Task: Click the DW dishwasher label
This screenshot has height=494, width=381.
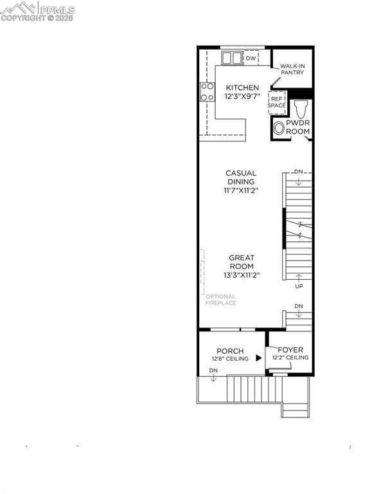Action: pos(251,59)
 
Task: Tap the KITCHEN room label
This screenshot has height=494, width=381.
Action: pos(242,87)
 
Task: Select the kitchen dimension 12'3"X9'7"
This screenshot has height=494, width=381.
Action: pos(242,96)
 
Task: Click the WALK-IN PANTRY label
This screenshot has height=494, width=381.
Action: pos(292,69)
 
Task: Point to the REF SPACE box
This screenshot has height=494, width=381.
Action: pos(277,101)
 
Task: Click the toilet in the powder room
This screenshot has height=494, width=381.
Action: pos(300,107)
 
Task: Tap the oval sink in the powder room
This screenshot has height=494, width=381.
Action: pos(278,129)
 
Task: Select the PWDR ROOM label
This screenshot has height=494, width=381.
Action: pos(297,127)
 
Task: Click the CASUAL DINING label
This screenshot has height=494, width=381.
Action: pos(240,178)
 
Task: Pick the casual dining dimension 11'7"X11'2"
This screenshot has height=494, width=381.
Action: pos(240,191)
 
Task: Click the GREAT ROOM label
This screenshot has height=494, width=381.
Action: pos(242,262)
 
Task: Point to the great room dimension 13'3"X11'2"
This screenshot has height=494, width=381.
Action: pos(242,275)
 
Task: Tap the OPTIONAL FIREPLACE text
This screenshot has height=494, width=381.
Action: pos(220,300)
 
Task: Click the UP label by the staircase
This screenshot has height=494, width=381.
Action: pos(299,286)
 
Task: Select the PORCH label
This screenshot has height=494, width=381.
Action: pos(229,351)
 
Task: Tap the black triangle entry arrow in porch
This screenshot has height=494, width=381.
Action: pos(259,358)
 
